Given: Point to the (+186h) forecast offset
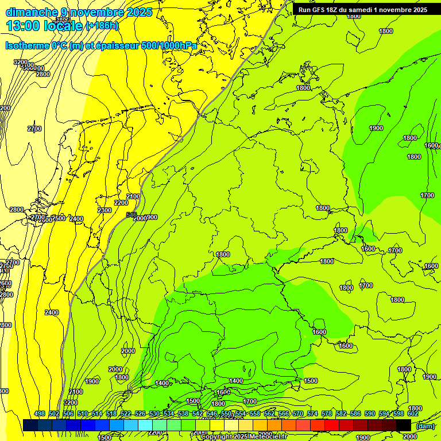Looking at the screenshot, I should coord(102,26).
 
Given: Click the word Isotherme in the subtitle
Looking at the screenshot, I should coord(26,45).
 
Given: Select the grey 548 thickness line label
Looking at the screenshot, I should coord(131,215).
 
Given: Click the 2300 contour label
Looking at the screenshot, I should coord(105,211).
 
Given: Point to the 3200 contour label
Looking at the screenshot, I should coord(21,62).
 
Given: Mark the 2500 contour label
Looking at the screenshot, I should coord(59,218).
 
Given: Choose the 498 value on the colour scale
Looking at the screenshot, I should coord(40,413).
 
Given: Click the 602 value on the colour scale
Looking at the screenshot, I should coord(413,413).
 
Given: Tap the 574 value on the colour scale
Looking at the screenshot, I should coord(312,413).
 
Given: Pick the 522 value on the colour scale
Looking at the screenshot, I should coord(126,413).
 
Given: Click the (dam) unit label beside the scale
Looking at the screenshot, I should coord(425,425).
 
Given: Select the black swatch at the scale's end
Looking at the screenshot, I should coord(404,425).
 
